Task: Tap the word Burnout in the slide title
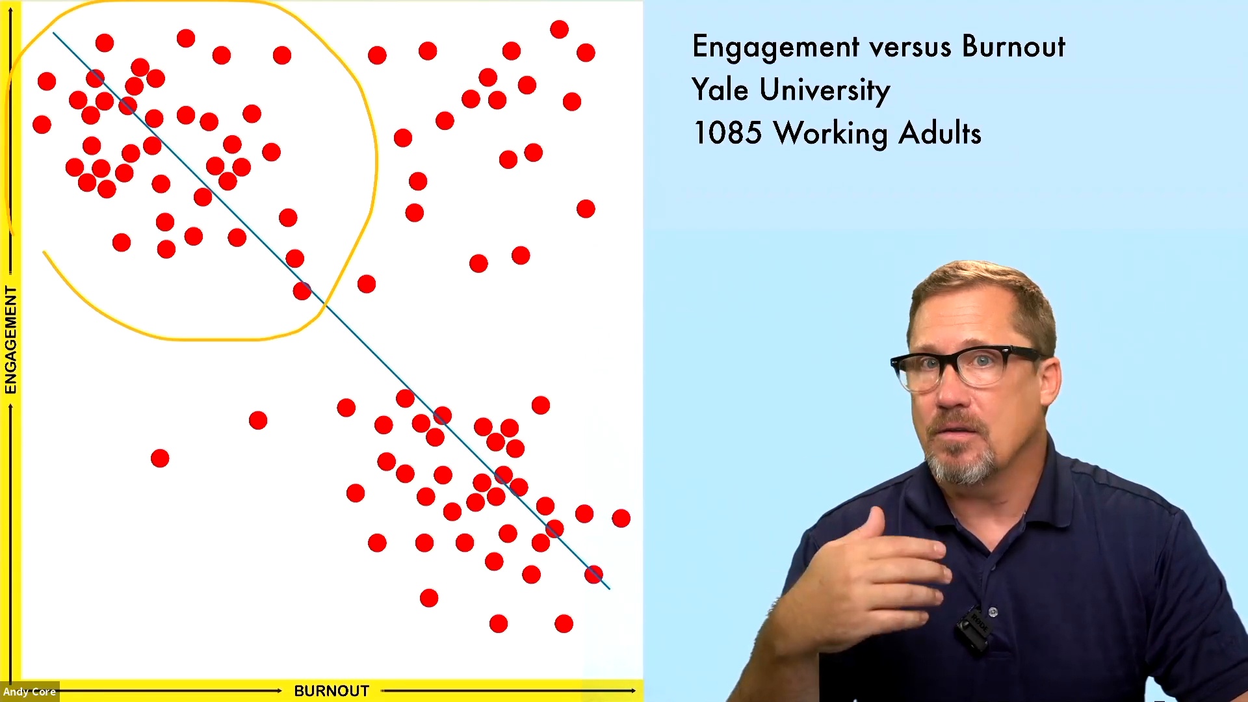[1013, 46]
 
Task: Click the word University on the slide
[825, 90]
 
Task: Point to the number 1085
[727, 133]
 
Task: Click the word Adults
[940, 133]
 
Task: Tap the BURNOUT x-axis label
[331, 691]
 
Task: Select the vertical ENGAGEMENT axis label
[10, 340]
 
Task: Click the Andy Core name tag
[29, 692]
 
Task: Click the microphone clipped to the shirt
[973, 628]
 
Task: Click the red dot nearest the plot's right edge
[621, 518]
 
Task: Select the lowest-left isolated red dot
[160, 459]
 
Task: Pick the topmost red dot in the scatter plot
[559, 29]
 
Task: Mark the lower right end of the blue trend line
[609, 589]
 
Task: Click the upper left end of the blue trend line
[53, 32]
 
